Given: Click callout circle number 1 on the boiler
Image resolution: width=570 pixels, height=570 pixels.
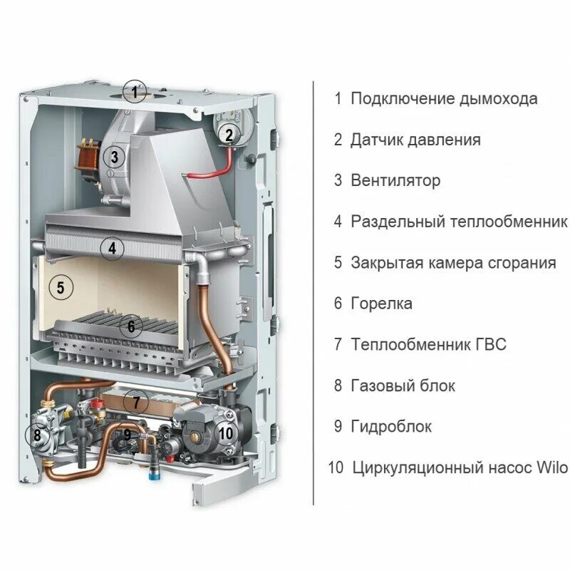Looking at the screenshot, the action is (133, 91).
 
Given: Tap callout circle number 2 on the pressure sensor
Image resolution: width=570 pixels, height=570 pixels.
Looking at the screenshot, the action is (228, 134).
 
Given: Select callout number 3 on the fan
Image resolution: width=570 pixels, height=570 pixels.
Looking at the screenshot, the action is (114, 156).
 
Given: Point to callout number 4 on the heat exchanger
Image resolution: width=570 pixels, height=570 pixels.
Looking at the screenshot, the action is (112, 249).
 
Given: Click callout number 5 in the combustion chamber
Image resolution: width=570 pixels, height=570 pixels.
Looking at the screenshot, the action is (61, 288).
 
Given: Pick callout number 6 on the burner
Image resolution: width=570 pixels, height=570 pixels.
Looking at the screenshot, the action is (130, 327).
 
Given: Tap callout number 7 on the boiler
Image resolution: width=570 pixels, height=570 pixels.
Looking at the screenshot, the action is (135, 401).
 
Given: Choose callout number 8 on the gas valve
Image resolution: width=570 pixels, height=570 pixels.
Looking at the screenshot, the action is (37, 434).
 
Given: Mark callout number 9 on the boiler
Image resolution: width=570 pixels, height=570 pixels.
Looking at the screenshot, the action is (128, 432).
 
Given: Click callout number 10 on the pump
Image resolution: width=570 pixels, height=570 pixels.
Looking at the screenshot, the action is (225, 432).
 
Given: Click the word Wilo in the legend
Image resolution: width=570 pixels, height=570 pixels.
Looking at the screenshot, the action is (552, 468).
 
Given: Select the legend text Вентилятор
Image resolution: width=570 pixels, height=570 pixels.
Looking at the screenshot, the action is (395, 181).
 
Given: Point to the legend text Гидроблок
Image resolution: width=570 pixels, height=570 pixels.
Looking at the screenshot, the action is (391, 427).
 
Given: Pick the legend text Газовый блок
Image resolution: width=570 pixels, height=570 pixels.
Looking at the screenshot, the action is (403, 386).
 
